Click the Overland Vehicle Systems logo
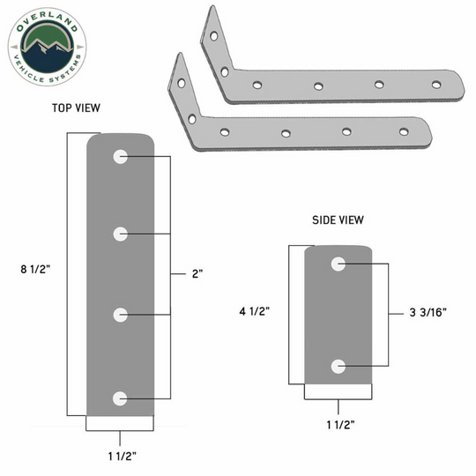coord(47,47)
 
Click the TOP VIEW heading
coord(76,108)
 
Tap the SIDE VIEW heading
coord(338,219)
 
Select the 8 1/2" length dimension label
coord(35,269)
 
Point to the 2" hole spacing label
coord(197,273)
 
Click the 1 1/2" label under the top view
coord(123,456)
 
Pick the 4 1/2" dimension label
coord(255,311)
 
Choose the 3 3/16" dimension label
coord(428,312)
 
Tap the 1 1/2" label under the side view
coord(340,424)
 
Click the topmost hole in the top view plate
coord(120,157)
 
